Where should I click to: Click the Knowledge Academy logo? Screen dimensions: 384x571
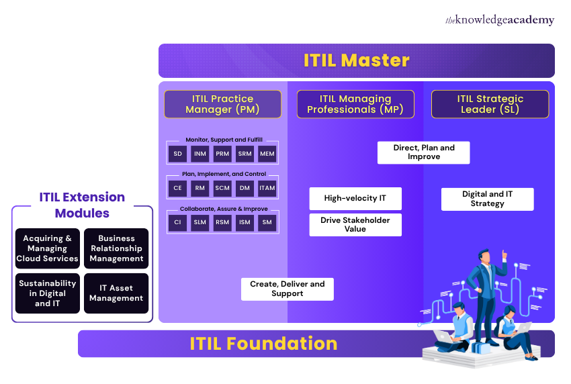point(500,20)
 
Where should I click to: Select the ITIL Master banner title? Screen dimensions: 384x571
point(356,60)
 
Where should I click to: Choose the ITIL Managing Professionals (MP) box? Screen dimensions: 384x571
point(355,104)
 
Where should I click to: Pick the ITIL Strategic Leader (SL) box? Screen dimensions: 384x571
point(490,104)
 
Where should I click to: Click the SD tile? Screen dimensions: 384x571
point(177,154)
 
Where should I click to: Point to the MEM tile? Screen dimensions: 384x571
point(267,154)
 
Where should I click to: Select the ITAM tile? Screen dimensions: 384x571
point(267,189)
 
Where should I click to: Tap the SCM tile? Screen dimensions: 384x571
point(222,189)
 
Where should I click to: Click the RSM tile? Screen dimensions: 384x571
point(222,223)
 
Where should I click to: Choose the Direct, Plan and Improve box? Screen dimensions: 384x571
point(423,152)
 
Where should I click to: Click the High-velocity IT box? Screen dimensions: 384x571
point(355,199)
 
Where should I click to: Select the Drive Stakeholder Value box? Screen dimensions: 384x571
point(355,225)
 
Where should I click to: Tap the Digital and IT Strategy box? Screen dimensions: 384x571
point(487,199)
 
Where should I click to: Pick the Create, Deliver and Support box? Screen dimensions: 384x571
point(287,289)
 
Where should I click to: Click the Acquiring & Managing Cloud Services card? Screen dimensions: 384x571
point(48,248)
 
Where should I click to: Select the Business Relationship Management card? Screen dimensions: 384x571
point(116,248)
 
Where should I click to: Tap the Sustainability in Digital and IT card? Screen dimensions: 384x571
point(48,293)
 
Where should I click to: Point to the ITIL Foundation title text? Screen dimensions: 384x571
point(263,344)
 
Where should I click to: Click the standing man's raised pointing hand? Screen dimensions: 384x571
point(504,255)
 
